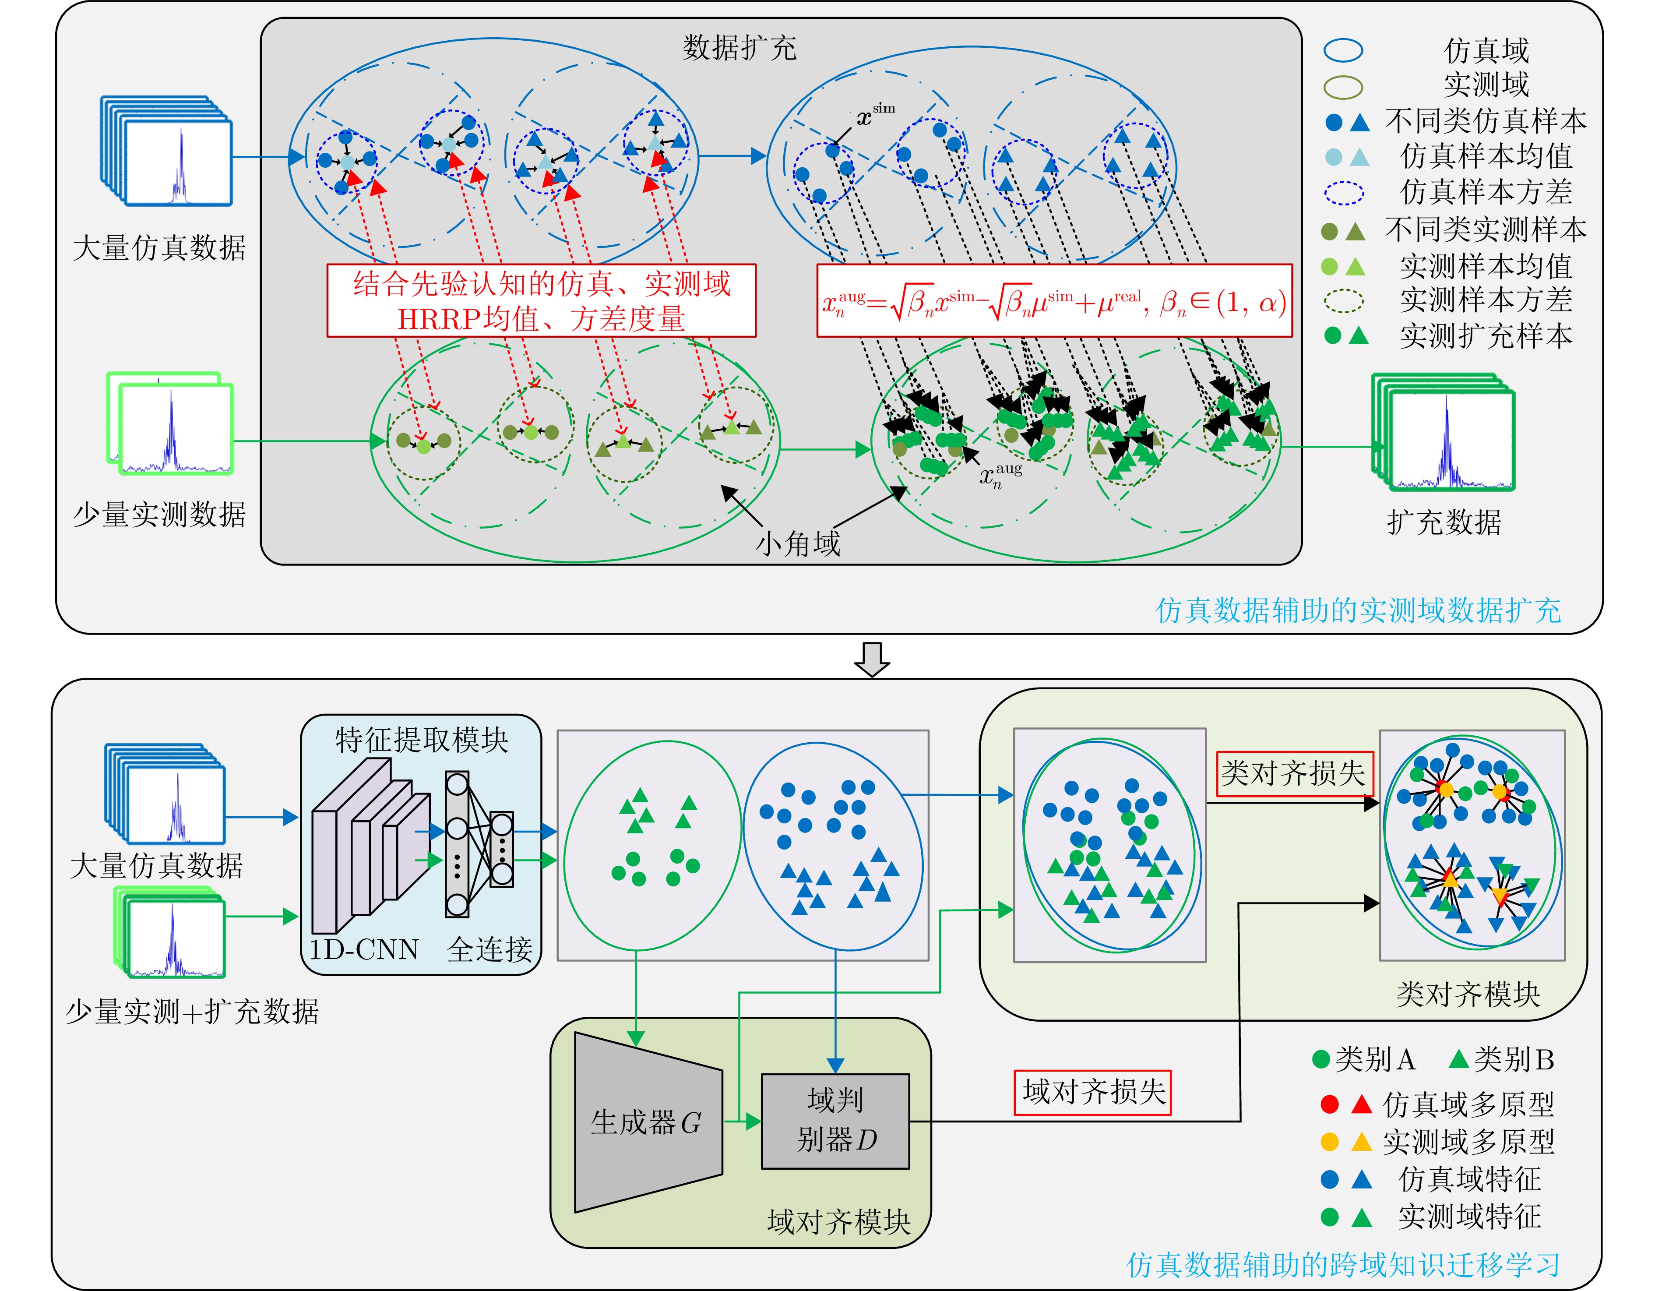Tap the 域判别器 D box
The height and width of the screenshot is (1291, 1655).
[x=835, y=1121]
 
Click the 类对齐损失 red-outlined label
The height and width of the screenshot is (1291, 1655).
[x=1293, y=773]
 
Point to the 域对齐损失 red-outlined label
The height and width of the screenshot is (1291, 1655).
[x=1093, y=1092]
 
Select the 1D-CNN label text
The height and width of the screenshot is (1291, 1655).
[x=364, y=949]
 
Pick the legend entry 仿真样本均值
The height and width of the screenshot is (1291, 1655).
[x=1485, y=156]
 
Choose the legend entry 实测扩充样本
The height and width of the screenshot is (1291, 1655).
[x=1485, y=336]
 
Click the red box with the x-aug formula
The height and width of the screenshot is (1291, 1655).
[x=1054, y=301]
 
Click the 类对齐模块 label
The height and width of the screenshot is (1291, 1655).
[x=1468, y=994]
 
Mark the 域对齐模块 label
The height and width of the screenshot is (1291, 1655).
[x=838, y=1221]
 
